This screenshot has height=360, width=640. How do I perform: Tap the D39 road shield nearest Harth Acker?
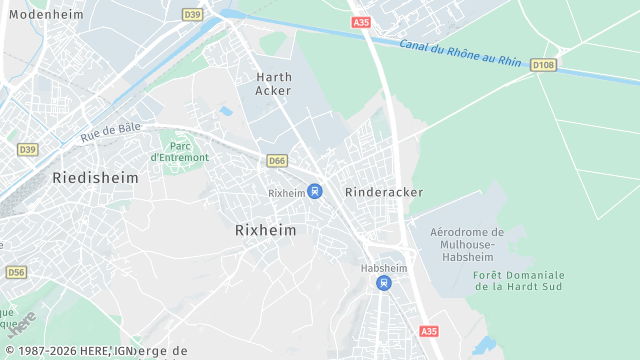point(193,14)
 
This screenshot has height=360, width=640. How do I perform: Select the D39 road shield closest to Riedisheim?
point(27,149)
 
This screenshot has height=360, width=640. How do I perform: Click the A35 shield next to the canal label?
point(361,21)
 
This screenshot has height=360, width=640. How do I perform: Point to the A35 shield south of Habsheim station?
point(429,331)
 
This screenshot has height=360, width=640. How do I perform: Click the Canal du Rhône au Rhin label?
point(460,53)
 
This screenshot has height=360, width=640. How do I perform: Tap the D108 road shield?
point(543,65)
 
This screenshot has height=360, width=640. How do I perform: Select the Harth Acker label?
point(273,83)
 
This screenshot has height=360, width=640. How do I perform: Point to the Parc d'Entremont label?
point(179,151)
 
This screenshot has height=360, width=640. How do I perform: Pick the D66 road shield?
point(277,160)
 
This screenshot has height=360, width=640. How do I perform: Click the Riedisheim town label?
point(88,177)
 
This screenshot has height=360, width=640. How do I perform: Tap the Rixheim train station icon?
point(314,191)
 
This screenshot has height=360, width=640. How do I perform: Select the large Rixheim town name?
point(265,229)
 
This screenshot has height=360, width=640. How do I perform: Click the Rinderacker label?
point(383,192)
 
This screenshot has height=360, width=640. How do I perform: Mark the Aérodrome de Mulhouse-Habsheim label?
point(466,244)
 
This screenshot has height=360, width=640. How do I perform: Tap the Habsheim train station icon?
point(382,283)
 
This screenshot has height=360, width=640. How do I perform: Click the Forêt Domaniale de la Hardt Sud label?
point(519,281)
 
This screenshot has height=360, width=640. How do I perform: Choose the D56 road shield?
point(16,272)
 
